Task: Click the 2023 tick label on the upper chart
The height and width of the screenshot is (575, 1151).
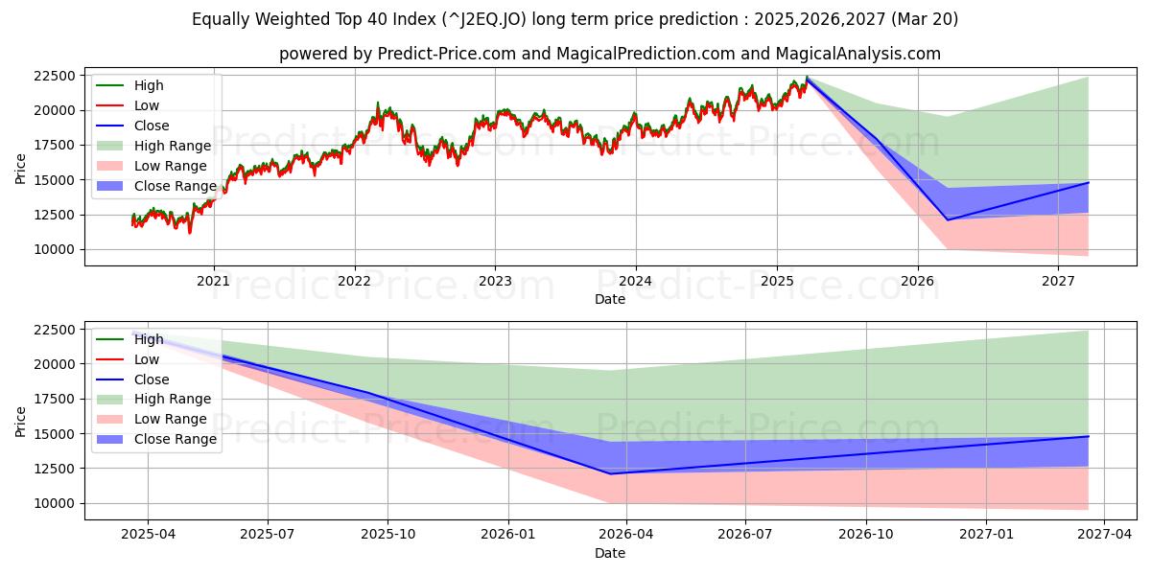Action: [495, 281]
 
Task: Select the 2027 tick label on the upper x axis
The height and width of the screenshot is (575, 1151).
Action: [1058, 281]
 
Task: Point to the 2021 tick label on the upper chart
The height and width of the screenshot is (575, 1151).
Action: [213, 281]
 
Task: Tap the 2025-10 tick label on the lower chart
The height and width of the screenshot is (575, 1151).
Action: [388, 535]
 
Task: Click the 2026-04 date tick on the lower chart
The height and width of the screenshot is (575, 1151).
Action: [626, 535]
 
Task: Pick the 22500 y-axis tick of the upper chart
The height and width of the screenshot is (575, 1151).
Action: [56, 76]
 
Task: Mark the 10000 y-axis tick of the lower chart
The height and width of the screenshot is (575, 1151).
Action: [56, 503]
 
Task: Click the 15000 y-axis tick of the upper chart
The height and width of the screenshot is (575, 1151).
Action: [56, 180]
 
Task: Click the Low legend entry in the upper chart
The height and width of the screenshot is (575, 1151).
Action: [147, 105]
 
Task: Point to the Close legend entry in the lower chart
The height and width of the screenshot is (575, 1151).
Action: [152, 379]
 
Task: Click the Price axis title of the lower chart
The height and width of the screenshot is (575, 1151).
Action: [21, 421]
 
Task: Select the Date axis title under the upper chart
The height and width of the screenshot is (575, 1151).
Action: [610, 299]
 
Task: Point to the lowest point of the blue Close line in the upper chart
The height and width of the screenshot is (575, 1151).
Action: [948, 220]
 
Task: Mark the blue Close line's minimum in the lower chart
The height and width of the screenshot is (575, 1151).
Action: [610, 473]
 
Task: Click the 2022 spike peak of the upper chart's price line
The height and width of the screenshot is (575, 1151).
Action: [378, 103]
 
